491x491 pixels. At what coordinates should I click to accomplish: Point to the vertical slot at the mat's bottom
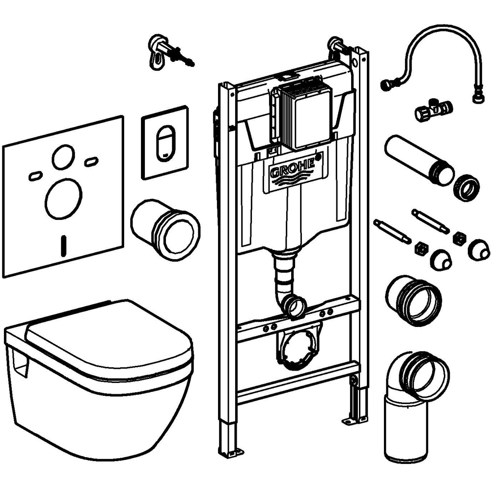(63, 245)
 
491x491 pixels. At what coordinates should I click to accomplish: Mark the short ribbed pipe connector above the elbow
(413, 300)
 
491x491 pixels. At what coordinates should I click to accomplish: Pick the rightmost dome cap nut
(479, 249)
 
